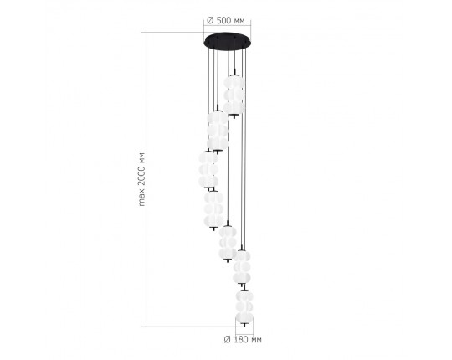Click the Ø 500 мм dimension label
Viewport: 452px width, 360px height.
(x=226, y=21)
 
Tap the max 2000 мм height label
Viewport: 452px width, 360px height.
(x=141, y=179)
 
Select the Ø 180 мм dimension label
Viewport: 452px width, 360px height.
(x=243, y=340)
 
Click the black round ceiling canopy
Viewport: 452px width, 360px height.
(x=227, y=42)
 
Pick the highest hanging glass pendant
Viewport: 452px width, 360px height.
(x=234, y=95)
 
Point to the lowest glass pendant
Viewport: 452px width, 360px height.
(x=244, y=306)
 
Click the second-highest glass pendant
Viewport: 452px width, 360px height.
(x=218, y=131)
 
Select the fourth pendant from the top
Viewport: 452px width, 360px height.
(x=213, y=209)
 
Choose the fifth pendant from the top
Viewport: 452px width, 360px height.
(x=228, y=243)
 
